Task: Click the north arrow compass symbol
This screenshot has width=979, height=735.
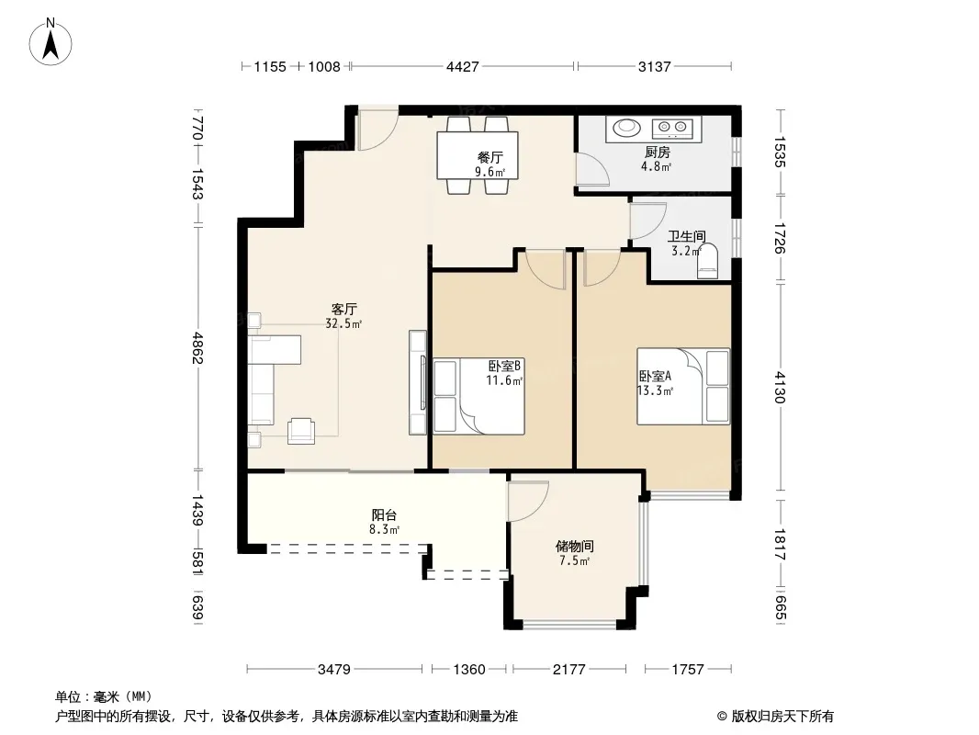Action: [51, 42]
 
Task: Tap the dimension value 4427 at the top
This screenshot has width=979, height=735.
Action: [463, 66]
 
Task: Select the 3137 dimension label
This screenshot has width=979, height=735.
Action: [654, 66]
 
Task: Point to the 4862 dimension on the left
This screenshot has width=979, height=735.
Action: [198, 348]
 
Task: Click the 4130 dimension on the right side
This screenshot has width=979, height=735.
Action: [781, 387]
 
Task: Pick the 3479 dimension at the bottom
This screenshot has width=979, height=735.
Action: [334, 670]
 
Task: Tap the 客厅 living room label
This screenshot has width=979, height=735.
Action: [344, 309]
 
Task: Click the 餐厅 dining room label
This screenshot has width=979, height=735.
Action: [490, 157]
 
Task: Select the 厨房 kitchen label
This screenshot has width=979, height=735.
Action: [658, 152]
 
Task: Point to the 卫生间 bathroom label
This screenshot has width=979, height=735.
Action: [687, 236]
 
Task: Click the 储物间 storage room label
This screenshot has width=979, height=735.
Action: [574, 547]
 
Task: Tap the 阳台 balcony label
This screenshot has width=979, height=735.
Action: [384, 515]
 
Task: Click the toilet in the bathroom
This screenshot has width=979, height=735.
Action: [707, 262]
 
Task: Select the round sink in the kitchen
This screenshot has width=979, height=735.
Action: [626, 128]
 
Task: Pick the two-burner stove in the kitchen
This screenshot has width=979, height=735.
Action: [673, 129]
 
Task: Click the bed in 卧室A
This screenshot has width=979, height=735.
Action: [683, 387]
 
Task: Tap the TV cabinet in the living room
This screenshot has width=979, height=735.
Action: [418, 382]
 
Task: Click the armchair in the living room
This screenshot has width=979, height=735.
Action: [301, 431]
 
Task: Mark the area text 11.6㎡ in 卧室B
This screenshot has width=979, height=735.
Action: [504, 379]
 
